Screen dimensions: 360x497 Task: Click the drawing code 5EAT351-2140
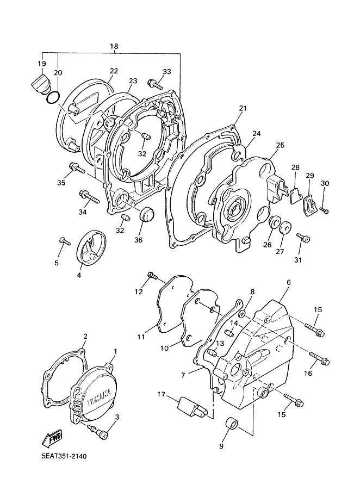tap(64, 456)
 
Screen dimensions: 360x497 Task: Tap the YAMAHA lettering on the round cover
tap(99, 397)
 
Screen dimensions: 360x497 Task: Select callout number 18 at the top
tap(114, 46)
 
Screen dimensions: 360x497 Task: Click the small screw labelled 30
tap(324, 210)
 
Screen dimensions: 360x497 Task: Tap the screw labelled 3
tap(100, 432)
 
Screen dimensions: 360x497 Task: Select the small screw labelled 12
tap(153, 276)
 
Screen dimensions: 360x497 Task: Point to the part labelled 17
tap(193, 407)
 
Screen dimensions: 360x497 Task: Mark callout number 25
tap(280, 146)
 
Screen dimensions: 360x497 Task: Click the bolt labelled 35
tap(77, 169)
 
